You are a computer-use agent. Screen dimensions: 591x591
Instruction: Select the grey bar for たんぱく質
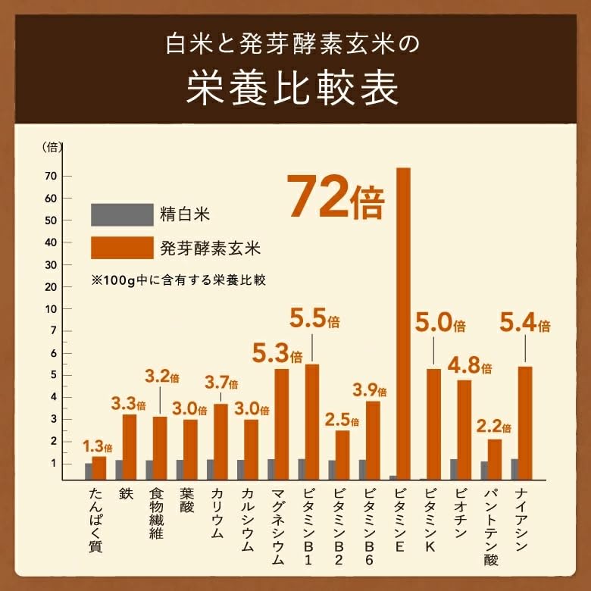89,471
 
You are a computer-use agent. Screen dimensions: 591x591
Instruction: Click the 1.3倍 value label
98,447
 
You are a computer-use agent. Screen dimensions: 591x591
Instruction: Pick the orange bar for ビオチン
464,430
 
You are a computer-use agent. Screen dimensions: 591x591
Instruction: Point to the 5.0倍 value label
439,324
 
